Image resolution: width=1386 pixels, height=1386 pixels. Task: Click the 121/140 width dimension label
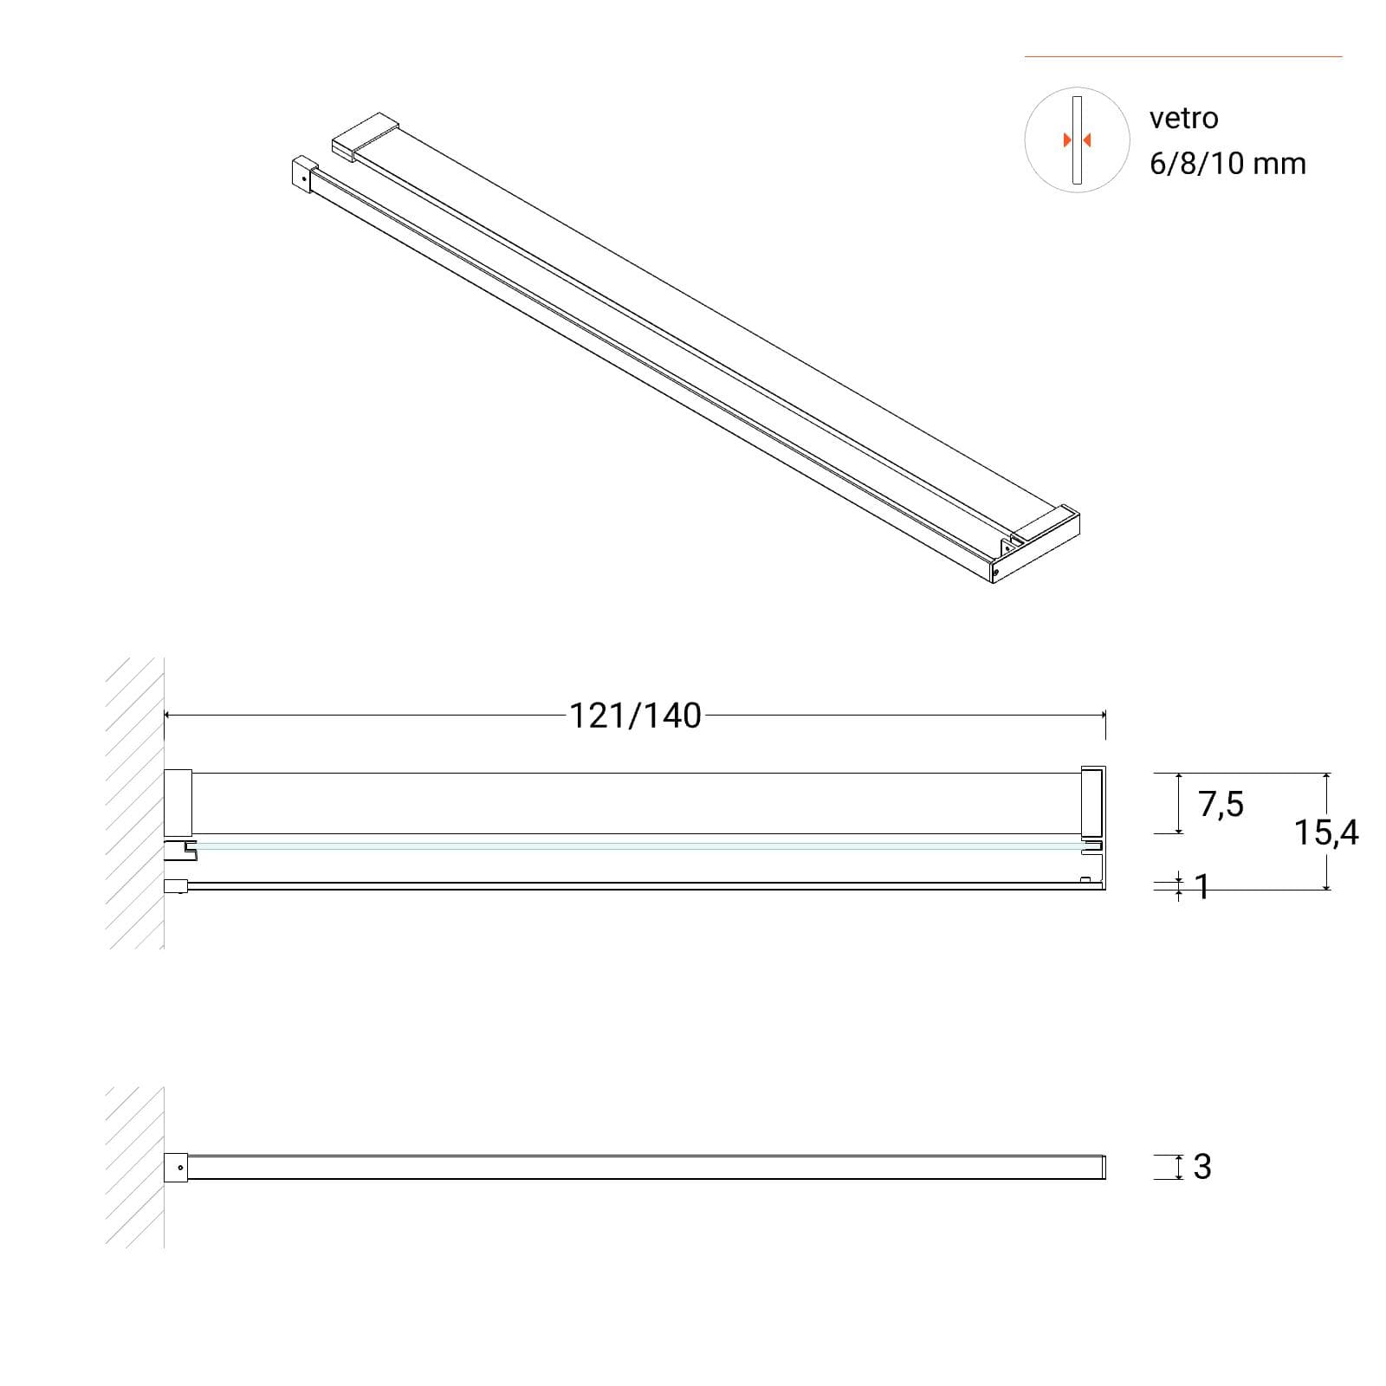[635, 716]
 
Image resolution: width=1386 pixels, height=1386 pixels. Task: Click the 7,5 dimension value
[1221, 805]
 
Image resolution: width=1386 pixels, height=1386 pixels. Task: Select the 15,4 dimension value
[1326, 832]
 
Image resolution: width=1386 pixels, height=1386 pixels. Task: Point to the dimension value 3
[1202, 1167]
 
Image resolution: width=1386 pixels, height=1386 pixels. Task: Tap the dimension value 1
[1202, 886]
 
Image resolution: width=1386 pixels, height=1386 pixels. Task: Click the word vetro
[1183, 118]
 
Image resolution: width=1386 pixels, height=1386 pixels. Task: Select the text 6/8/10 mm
[1227, 164]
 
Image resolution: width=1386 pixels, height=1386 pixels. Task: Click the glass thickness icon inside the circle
[1077, 140]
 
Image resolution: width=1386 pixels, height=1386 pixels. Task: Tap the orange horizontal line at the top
[1183, 57]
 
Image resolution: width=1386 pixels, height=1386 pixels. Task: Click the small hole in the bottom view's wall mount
[180, 1168]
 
